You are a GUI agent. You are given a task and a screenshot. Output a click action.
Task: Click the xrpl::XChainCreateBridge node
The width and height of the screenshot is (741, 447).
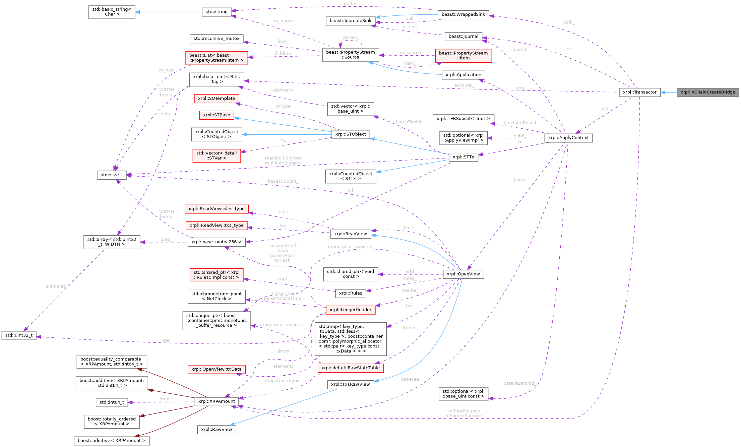coord(707,92)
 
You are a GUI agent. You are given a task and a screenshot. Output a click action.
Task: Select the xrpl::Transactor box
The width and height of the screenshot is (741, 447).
coord(639,92)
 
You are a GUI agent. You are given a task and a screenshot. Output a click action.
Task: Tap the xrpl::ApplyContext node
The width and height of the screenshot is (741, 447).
coord(568,138)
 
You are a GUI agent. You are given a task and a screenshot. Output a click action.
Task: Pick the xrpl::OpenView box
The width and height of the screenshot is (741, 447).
coord(463,274)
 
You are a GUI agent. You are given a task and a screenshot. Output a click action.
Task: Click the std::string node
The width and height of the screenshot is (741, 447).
coord(217,12)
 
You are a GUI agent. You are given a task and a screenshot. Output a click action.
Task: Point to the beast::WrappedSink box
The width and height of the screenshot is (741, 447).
coord(463,14)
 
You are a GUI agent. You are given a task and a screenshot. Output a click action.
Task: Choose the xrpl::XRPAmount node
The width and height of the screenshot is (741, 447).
coord(217,401)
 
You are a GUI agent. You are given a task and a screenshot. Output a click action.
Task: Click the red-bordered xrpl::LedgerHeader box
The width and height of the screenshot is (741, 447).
coord(351,310)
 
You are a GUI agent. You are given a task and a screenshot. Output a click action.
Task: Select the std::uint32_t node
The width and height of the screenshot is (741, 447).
coord(19,335)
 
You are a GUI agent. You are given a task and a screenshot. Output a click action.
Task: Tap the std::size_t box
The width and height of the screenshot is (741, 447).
coord(112,175)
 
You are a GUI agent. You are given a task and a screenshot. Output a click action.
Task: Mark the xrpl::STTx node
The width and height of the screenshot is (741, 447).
coord(464,157)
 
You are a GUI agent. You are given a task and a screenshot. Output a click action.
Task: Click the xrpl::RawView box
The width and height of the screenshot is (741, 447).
coord(217,430)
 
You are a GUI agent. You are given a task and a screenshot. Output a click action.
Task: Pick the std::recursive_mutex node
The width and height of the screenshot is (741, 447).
coord(217,39)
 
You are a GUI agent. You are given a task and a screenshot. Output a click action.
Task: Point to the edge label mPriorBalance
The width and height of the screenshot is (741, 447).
coord(464,411)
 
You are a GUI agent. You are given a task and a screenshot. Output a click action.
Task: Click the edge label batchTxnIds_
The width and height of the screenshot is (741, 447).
coord(410,122)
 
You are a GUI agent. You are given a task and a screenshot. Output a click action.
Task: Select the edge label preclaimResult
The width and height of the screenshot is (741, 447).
coord(520,123)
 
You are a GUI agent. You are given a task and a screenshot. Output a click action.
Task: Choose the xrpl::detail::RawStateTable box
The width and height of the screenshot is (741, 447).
coord(351,368)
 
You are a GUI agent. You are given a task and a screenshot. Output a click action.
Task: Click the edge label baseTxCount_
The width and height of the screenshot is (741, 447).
coord(283,181)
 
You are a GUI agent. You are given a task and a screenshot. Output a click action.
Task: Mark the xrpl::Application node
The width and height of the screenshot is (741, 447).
coord(463,75)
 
